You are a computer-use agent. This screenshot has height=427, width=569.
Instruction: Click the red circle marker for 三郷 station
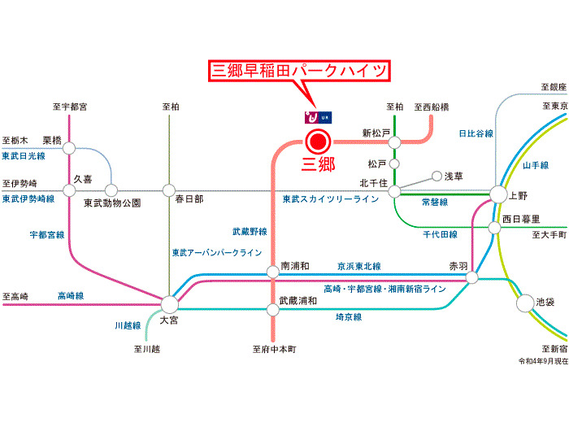317,142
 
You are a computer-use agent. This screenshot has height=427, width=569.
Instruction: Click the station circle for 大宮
169,304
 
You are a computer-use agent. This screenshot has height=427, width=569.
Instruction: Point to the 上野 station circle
497,194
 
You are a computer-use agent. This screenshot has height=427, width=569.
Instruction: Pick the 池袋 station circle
524,303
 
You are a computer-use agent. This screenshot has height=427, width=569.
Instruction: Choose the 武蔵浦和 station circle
272,308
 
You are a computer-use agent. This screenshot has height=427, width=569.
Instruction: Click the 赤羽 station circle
472,278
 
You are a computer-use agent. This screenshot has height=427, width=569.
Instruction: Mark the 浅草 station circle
437,176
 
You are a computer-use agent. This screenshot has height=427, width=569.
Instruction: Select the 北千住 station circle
394,192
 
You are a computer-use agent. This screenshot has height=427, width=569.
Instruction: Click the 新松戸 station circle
394,142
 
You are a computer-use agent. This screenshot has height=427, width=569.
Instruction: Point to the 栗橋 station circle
69,148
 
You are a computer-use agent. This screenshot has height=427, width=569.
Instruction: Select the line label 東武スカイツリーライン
330,199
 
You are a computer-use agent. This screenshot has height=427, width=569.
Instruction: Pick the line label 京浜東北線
359,266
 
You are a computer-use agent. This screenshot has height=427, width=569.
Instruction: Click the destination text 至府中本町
274,350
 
